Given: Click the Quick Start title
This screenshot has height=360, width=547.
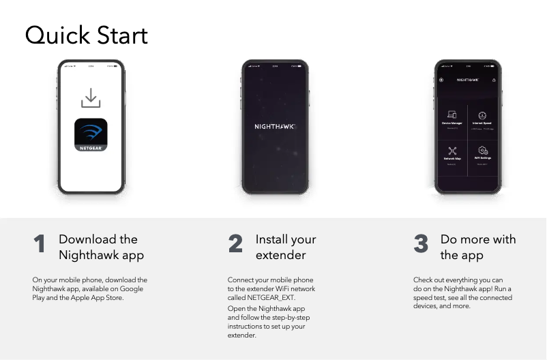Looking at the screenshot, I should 86,35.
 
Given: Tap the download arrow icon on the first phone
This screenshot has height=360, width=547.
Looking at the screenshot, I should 91,98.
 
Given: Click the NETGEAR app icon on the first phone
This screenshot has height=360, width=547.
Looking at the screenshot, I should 91,134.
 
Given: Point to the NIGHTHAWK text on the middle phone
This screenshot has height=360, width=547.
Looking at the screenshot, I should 276,127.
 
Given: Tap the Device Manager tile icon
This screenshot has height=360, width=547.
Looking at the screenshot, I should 452,115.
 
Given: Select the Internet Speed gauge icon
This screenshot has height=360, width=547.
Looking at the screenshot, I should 482,115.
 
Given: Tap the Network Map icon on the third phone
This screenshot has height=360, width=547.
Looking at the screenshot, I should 452,150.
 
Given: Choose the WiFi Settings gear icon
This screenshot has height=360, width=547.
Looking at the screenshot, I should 483,150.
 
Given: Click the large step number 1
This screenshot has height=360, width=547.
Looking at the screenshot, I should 40,245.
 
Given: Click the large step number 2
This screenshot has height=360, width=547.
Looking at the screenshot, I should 235,245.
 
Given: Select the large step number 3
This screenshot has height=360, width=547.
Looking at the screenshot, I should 421,245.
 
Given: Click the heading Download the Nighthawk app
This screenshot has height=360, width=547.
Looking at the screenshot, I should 101,247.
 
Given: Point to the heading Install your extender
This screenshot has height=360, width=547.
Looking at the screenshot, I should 285,247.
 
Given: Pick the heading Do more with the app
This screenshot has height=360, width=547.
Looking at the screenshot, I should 477,247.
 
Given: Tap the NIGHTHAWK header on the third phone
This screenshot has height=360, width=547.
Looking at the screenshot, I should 467,80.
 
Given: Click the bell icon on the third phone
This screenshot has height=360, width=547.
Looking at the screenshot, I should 494,80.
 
